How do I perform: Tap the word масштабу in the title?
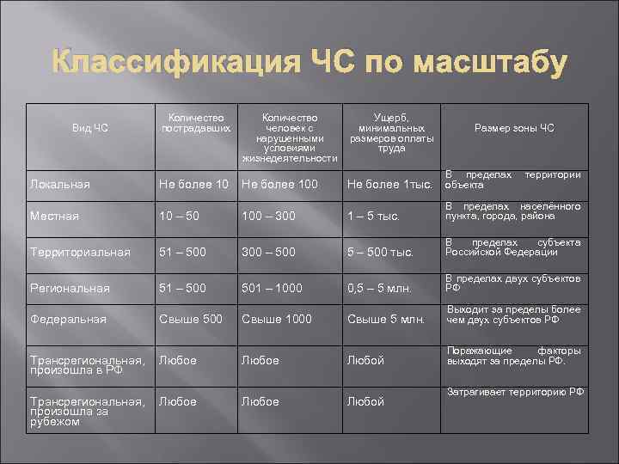(491, 64)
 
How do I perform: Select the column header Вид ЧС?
(90, 129)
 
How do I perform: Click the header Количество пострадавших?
(196, 123)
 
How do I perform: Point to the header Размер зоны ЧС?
(514, 129)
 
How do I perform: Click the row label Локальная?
(59, 184)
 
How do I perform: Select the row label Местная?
(54, 216)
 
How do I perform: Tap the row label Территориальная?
(80, 252)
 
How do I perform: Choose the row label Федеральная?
(68, 320)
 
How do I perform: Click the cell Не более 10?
(194, 184)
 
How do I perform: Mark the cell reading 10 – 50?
(180, 216)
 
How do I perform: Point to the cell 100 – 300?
(270, 216)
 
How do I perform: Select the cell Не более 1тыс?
(388, 184)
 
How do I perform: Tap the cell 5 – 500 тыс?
(381, 253)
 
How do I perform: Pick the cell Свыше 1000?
(277, 320)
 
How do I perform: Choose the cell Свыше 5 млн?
(386, 321)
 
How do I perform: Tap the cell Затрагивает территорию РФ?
(515, 393)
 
